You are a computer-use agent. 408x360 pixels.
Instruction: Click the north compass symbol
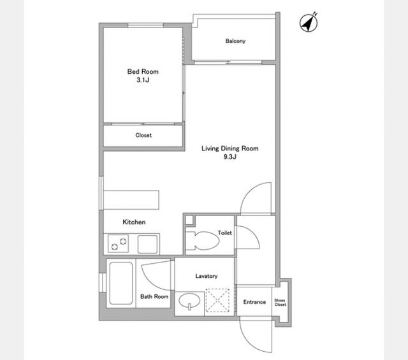(x=309, y=23)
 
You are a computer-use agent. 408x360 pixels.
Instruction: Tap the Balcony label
(x=235, y=41)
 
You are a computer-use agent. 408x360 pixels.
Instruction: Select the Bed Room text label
(x=143, y=71)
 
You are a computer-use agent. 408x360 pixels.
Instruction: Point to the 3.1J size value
(x=143, y=80)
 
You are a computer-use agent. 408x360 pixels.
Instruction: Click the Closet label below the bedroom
(x=143, y=135)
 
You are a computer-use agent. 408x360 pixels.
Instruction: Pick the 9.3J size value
(x=230, y=157)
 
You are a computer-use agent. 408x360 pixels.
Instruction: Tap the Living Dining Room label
(x=230, y=148)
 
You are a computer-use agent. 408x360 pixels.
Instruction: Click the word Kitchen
(x=134, y=222)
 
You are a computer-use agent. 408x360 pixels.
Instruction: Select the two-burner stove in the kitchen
(x=118, y=243)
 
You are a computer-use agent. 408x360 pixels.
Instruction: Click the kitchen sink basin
(x=147, y=244)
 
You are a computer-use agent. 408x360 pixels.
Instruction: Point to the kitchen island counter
(x=131, y=200)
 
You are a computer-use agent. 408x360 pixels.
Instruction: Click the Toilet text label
(x=225, y=233)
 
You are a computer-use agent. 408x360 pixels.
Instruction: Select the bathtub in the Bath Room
(x=120, y=283)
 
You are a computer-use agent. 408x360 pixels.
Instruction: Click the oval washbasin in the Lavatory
(x=189, y=301)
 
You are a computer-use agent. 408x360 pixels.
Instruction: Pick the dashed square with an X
(x=217, y=301)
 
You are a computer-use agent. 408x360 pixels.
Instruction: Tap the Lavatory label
(x=207, y=276)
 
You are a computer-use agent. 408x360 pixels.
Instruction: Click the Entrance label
(x=254, y=302)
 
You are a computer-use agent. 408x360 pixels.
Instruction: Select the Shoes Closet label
(x=280, y=302)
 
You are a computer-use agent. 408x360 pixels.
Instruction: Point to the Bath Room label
(x=154, y=296)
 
